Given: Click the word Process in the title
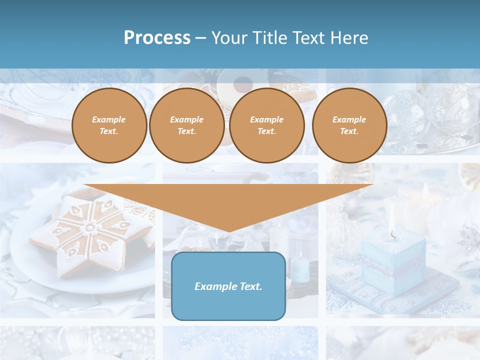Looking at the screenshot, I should click(157, 38).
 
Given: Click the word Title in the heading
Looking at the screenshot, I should click(269, 38).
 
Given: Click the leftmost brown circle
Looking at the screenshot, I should click(109, 125).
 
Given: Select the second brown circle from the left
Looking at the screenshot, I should click(186, 125).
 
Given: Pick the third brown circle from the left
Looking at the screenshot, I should click(266, 125).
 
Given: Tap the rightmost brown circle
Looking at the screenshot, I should click(349, 125).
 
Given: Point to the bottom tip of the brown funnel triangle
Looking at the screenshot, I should click(228, 231).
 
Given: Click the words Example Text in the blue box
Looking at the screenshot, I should click(228, 286).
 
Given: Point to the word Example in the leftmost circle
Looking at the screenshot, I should click(109, 120).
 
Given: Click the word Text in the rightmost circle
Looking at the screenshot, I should click(349, 131).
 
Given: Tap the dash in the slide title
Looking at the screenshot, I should click(201, 38).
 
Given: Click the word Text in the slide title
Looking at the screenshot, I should click(308, 38).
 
